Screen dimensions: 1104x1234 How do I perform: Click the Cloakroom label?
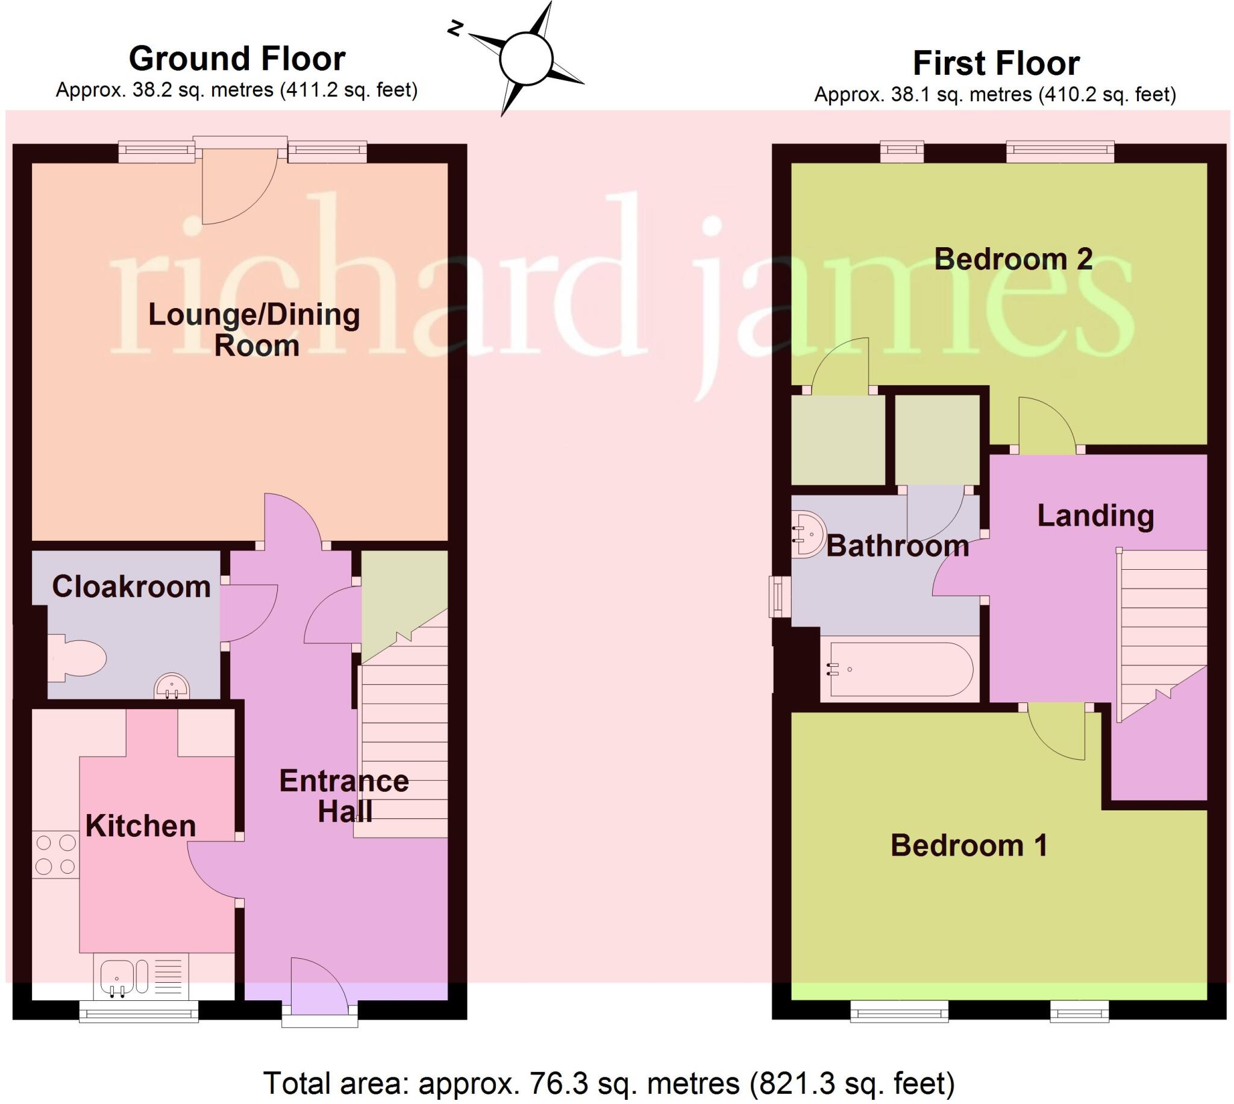(131, 587)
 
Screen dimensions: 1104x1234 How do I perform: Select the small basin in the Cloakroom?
(172, 687)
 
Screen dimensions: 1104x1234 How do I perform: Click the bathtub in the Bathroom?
(900, 669)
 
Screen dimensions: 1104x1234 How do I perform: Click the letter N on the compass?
(456, 28)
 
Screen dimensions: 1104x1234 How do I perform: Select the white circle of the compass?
(526, 59)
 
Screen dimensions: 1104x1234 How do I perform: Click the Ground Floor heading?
(237, 59)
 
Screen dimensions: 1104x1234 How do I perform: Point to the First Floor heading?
(996, 63)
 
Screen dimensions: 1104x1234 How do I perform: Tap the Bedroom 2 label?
(1013, 259)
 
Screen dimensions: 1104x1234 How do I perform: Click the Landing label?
(1095, 516)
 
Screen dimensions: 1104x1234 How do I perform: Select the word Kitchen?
(140, 826)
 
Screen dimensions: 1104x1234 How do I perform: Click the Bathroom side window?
(780, 596)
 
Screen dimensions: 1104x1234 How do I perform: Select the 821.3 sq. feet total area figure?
(852, 1083)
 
